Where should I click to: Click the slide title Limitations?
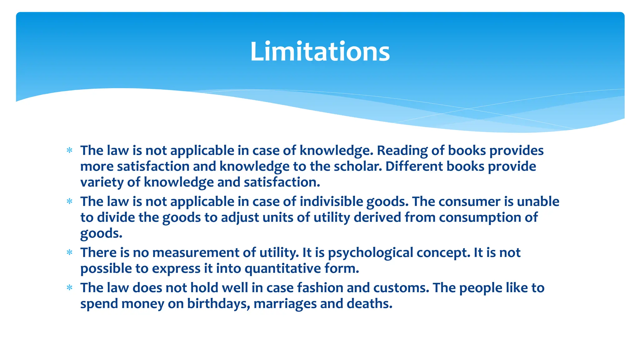320,52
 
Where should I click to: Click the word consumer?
469,202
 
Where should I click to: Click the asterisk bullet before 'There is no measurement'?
69,252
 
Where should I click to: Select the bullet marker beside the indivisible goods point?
69,202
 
